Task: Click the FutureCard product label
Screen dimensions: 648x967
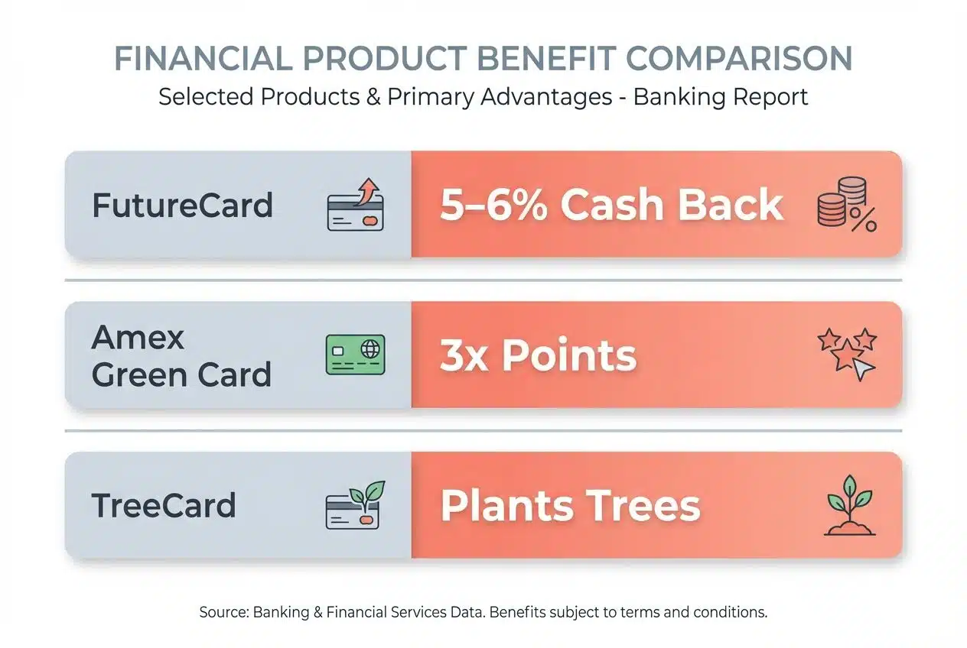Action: pos(182,206)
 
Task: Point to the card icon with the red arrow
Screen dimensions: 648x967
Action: pos(355,204)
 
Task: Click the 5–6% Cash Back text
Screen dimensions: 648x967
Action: pos(611,205)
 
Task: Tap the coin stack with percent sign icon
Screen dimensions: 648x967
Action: pos(846,204)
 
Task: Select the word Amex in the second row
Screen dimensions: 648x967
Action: pos(138,337)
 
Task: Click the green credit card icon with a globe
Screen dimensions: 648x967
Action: pos(355,355)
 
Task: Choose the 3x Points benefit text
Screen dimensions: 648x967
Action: pos(538,355)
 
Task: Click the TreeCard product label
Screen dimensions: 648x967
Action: pos(164,505)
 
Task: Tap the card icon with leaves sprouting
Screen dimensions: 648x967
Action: pos(355,504)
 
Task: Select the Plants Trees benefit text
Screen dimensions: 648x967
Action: pos(570,505)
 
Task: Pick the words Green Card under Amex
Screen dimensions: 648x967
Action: pos(181,374)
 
